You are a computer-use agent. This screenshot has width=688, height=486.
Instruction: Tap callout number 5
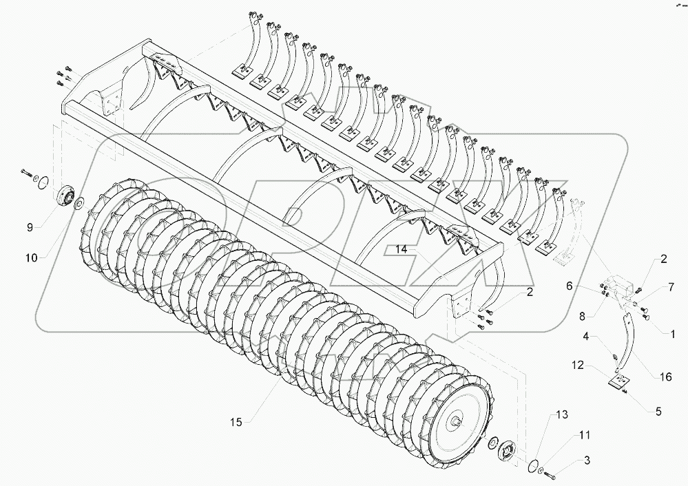pyautogui.click(x=658, y=412)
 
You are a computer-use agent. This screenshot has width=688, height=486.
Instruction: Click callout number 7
pyautogui.click(x=670, y=286)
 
